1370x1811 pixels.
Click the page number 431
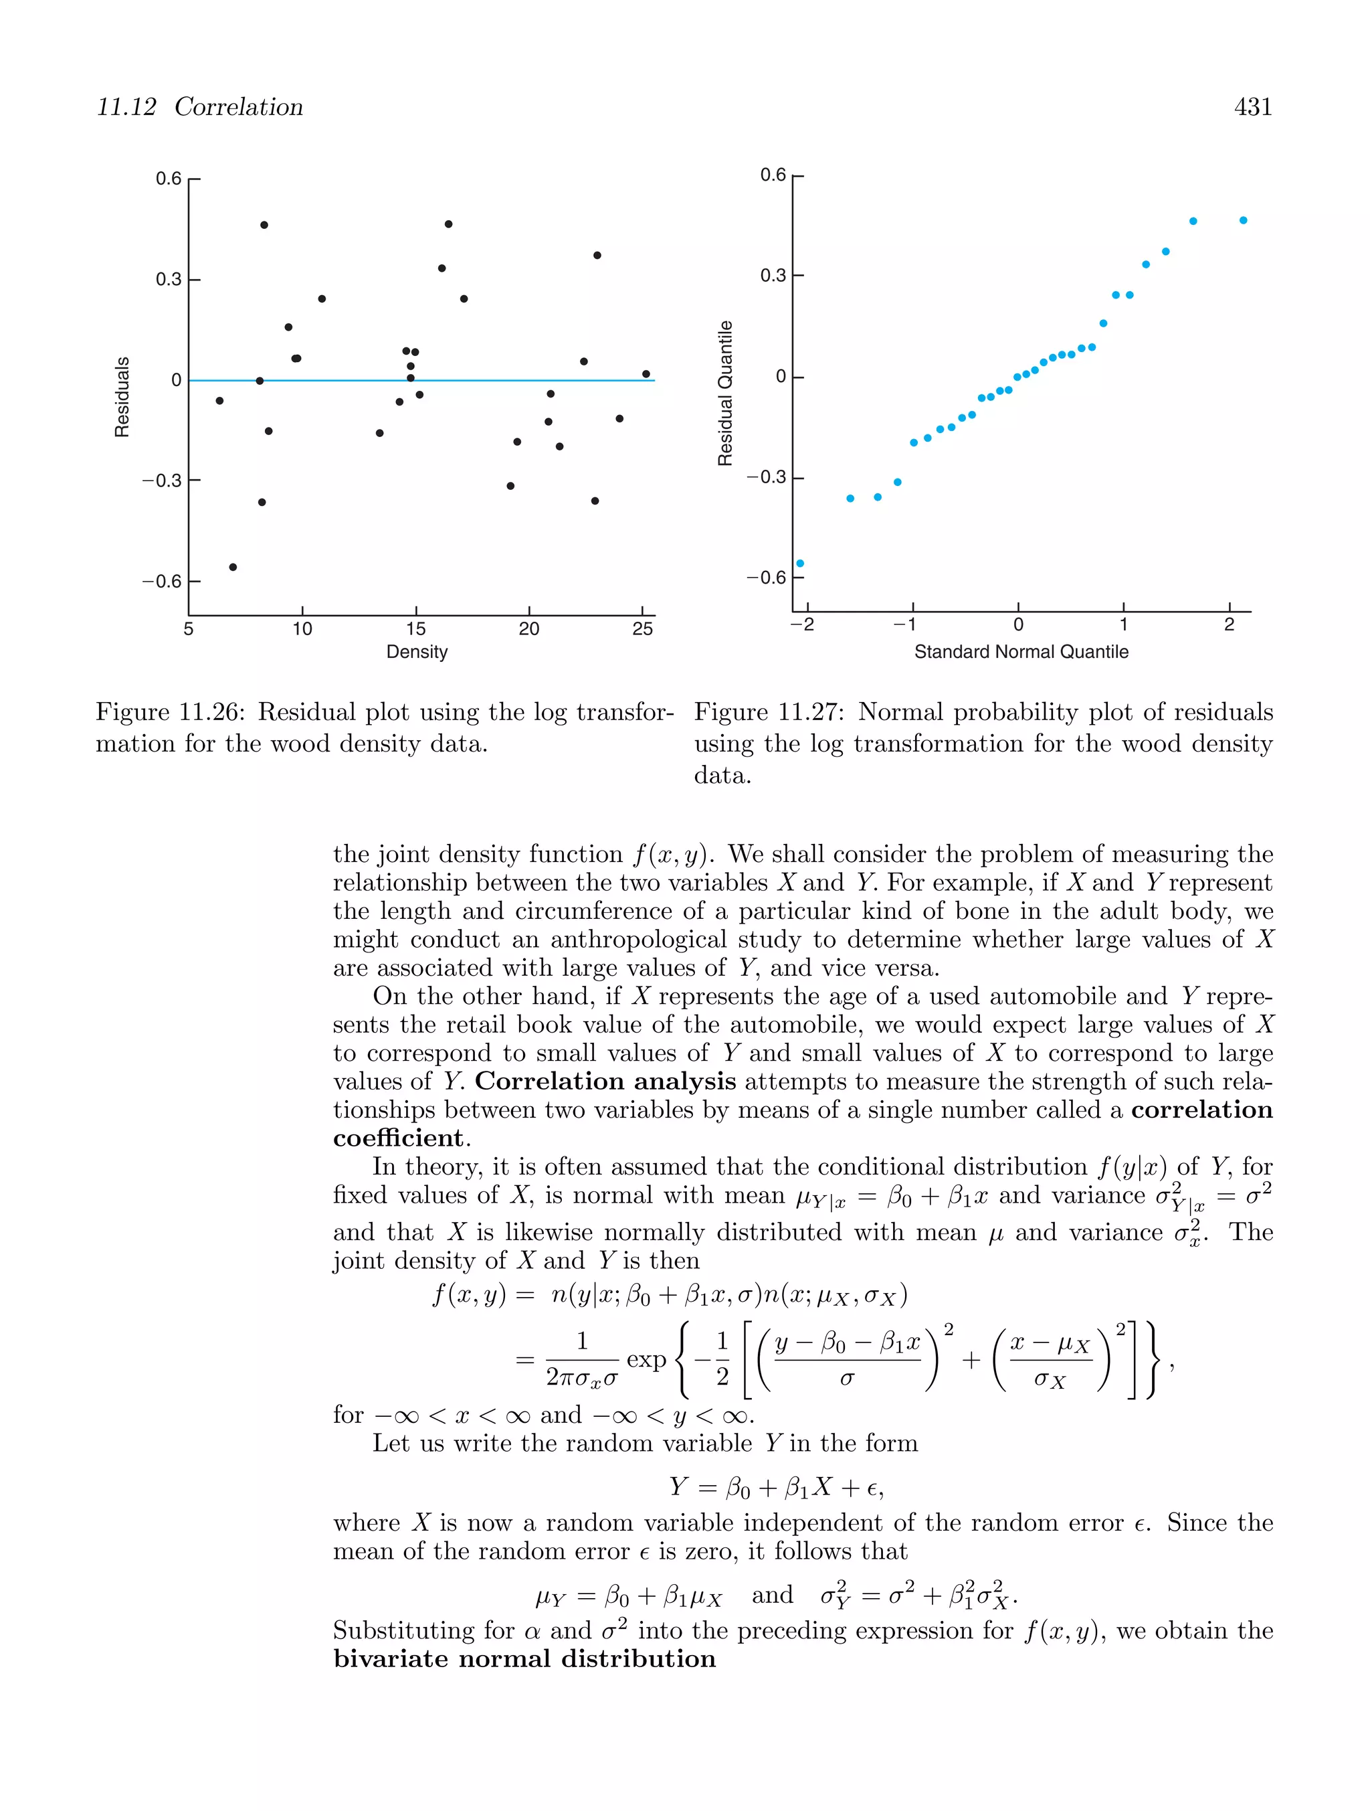coord(1252,107)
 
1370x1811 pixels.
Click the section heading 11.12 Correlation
coord(200,107)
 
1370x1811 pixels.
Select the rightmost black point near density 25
coord(646,374)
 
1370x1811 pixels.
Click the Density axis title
coord(417,652)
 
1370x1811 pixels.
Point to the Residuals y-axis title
coord(122,397)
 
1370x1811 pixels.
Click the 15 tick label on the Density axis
coord(415,629)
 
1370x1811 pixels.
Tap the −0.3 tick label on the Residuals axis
coord(161,481)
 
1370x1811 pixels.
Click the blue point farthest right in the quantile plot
coord(1243,220)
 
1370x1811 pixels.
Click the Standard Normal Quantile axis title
coord(1021,652)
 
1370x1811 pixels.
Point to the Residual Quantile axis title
coord(725,393)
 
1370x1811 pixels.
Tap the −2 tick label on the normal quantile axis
coord(802,624)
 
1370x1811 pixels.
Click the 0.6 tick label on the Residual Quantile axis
coord(772,175)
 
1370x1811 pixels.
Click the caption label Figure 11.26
coord(169,711)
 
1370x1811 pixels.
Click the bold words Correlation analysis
coord(605,1082)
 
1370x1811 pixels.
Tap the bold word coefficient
coord(399,1138)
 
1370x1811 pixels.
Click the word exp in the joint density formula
coord(646,1359)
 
